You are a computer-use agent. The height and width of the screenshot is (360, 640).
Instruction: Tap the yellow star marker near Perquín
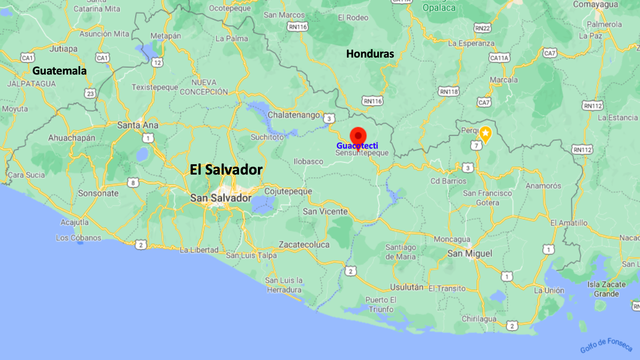click(x=485, y=134)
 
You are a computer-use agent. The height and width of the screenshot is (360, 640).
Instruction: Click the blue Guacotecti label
click(x=357, y=146)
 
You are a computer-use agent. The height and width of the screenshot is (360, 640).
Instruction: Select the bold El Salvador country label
click(x=226, y=170)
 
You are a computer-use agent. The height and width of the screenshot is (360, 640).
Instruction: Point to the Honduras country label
click(x=370, y=54)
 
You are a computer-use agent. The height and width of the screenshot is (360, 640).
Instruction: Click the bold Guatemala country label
click(x=59, y=71)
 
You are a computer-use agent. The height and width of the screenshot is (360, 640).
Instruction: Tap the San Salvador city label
click(x=221, y=198)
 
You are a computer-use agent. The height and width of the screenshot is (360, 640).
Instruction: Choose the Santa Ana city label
click(x=138, y=125)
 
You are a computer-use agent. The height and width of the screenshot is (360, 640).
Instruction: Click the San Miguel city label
click(x=469, y=253)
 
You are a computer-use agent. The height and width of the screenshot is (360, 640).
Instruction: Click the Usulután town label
click(x=407, y=287)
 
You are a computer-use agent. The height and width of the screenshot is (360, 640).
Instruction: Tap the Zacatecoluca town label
click(x=304, y=244)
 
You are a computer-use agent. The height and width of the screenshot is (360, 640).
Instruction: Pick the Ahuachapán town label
click(x=72, y=138)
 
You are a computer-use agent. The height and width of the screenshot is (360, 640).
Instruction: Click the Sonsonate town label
click(x=98, y=193)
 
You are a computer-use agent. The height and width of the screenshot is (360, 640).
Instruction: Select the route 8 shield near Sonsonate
click(x=133, y=182)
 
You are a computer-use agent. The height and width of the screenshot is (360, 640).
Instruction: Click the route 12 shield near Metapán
click(x=157, y=62)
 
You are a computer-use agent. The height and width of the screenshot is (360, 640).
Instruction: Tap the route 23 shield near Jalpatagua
click(x=90, y=93)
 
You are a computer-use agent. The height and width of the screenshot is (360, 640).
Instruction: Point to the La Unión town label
click(x=549, y=291)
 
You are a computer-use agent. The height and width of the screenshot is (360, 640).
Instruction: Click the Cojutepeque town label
click(x=288, y=191)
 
